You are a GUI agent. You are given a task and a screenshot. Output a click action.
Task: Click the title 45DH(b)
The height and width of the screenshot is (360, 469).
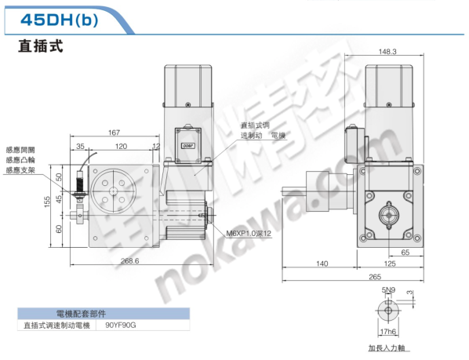59,20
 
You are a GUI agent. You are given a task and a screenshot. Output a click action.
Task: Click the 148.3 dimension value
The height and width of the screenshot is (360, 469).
387,52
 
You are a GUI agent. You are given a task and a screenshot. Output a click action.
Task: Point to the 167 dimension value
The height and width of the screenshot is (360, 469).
114,133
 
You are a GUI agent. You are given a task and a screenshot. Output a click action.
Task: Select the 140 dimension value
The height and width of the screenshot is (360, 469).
322,264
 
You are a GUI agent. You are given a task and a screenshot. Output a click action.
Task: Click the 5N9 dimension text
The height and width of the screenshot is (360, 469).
387,291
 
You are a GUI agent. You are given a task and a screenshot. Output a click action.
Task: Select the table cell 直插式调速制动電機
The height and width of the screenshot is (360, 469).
56,325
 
